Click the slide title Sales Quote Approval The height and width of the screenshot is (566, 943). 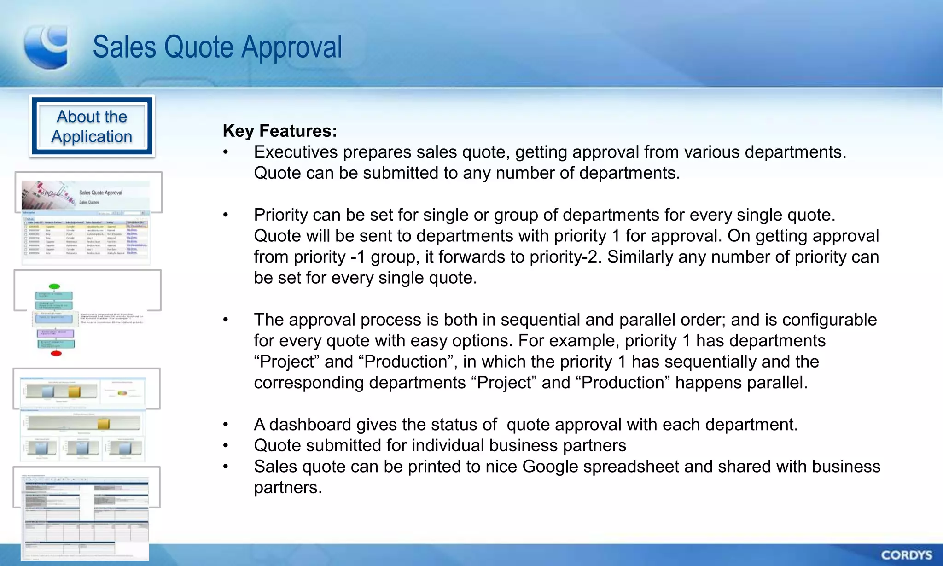click(217, 47)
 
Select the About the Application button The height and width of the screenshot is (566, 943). click(92, 127)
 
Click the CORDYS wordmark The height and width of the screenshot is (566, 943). click(907, 555)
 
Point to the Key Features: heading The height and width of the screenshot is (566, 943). click(280, 131)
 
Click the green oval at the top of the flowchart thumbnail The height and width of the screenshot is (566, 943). click(54, 286)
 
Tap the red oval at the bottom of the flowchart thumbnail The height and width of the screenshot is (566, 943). click(56, 353)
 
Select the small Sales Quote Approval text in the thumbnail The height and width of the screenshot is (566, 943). click(100, 193)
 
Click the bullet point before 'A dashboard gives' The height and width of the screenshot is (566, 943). click(226, 425)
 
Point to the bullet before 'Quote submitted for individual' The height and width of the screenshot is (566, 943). click(226, 446)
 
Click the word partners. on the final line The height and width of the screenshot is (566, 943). click(288, 488)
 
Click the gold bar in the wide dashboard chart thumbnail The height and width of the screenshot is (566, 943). click(104, 423)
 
